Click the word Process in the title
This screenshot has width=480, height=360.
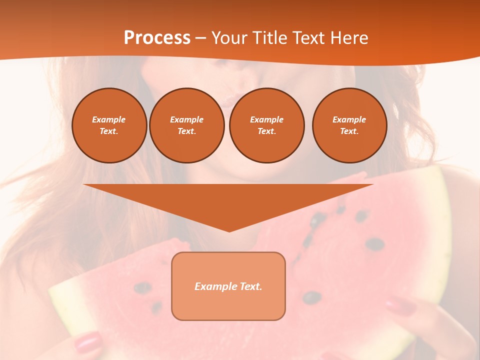157,37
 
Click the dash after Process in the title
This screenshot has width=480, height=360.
200,38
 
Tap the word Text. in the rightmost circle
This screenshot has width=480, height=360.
349,131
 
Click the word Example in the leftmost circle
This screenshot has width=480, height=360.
109,119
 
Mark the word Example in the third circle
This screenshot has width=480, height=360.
266,119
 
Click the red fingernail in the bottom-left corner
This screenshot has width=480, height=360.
88,343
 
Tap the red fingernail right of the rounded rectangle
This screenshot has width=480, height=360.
400,305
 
